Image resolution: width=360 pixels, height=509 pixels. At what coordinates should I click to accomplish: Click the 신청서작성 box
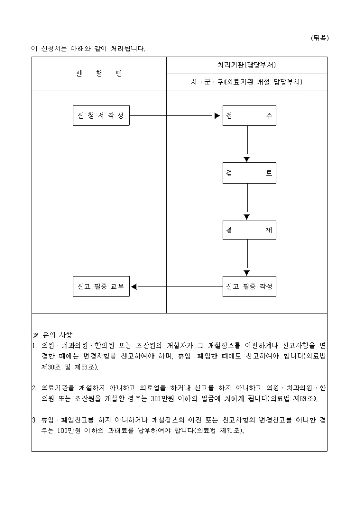click(101, 116)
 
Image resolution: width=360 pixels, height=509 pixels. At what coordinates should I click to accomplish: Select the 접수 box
click(248, 116)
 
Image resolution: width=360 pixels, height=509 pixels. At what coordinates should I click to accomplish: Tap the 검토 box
click(248, 173)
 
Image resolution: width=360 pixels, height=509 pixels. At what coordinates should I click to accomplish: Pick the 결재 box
click(248, 230)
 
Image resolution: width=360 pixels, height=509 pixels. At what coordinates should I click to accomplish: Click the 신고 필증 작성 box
click(248, 287)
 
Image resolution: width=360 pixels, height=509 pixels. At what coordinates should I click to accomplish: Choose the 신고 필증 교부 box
click(101, 287)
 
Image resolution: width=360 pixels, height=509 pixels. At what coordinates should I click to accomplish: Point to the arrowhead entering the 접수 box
click(217, 116)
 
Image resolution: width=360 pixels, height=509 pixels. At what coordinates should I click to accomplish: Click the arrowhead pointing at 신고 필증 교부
click(134, 287)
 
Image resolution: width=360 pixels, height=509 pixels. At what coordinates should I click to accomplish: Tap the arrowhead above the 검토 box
click(247, 159)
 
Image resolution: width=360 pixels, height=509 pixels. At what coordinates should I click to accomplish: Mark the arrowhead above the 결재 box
click(247, 216)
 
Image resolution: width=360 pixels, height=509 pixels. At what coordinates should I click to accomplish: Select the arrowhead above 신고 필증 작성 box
click(247, 272)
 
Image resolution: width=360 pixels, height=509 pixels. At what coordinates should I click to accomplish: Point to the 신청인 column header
click(99, 74)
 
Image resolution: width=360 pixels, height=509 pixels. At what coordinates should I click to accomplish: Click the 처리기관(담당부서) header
click(247, 65)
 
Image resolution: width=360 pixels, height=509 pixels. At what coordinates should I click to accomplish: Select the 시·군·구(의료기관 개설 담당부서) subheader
click(247, 82)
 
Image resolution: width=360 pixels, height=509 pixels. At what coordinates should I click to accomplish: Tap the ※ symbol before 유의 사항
click(35, 334)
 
